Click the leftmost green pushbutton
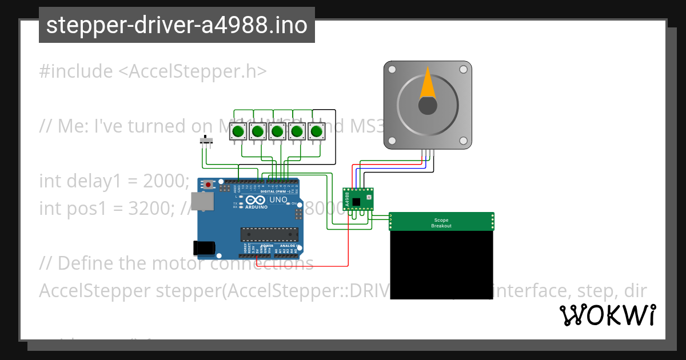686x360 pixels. [238, 132]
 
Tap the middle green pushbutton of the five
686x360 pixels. [277, 132]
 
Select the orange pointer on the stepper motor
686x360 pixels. [427, 83]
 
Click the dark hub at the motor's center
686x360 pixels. [427, 106]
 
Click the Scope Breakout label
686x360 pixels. [442, 223]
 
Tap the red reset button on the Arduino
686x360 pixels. [209, 185]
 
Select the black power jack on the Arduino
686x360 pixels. [204, 247]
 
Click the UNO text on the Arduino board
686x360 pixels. [278, 199]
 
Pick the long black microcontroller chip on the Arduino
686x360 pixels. [269, 234]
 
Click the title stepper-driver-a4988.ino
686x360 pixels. [177, 25]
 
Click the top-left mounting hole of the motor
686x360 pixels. [392, 70]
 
